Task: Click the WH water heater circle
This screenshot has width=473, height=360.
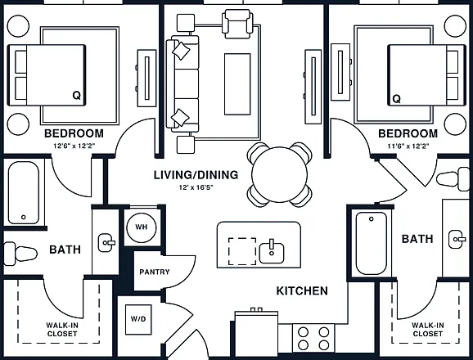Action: click(142, 227)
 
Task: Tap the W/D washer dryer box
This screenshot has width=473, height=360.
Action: click(138, 320)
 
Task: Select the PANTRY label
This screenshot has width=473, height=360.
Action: click(155, 272)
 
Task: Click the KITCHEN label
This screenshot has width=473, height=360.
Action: click(302, 290)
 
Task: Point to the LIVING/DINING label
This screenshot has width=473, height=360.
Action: click(196, 175)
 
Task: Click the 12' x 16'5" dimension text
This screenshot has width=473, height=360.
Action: click(196, 187)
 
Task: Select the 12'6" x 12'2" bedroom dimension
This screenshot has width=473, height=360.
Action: click(74, 146)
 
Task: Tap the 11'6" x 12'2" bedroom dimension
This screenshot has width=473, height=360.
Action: click(408, 146)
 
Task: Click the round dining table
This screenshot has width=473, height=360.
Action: click(279, 174)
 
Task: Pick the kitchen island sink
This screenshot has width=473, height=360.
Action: click(272, 252)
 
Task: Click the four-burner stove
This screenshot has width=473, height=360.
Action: click(313, 338)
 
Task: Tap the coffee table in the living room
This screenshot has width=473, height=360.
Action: click(237, 84)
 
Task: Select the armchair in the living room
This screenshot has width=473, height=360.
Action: click(237, 24)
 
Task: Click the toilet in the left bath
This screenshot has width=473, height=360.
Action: click(20, 254)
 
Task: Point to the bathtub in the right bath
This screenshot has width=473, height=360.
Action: click(372, 243)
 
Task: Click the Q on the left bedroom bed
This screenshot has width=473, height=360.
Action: click(77, 96)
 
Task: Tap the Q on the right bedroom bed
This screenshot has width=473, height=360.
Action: click(397, 98)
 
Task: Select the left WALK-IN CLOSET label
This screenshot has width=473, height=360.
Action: click(62, 330)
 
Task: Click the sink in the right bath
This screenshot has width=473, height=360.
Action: click(457, 240)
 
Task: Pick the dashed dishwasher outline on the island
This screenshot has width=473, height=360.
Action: click(242, 251)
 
